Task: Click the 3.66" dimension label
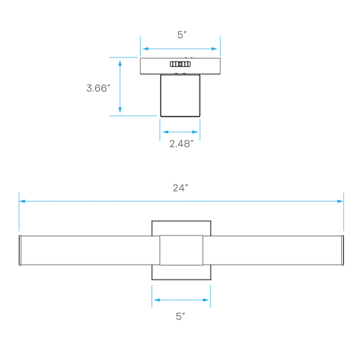(x=98, y=88)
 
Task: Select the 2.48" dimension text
(x=181, y=144)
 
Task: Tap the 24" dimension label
(x=180, y=188)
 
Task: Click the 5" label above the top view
(x=181, y=35)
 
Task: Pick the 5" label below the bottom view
(x=181, y=317)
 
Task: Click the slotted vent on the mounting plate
(x=180, y=64)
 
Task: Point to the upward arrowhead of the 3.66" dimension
(x=120, y=63)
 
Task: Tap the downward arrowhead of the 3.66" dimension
(x=120, y=110)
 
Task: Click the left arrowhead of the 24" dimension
(x=22, y=201)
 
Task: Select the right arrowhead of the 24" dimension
(x=340, y=201)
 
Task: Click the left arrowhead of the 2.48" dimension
(x=165, y=132)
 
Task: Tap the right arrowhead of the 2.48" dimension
(x=195, y=132)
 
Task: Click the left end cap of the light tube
(x=20, y=250)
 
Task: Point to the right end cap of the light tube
(x=343, y=250)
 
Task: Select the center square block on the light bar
(x=181, y=250)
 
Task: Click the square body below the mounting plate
(x=180, y=95)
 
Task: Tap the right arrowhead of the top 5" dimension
(x=214, y=49)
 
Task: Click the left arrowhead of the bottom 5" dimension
(x=157, y=300)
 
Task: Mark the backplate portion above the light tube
(x=181, y=228)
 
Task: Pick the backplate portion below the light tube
(x=181, y=273)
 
